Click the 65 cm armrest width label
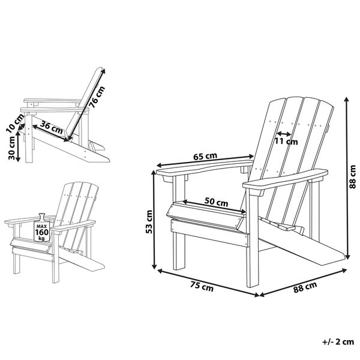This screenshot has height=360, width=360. (205, 157)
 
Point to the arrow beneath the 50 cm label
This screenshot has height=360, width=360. (215, 211)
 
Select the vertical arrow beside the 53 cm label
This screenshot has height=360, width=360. (155, 219)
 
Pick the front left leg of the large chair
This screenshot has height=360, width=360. (178, 252)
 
